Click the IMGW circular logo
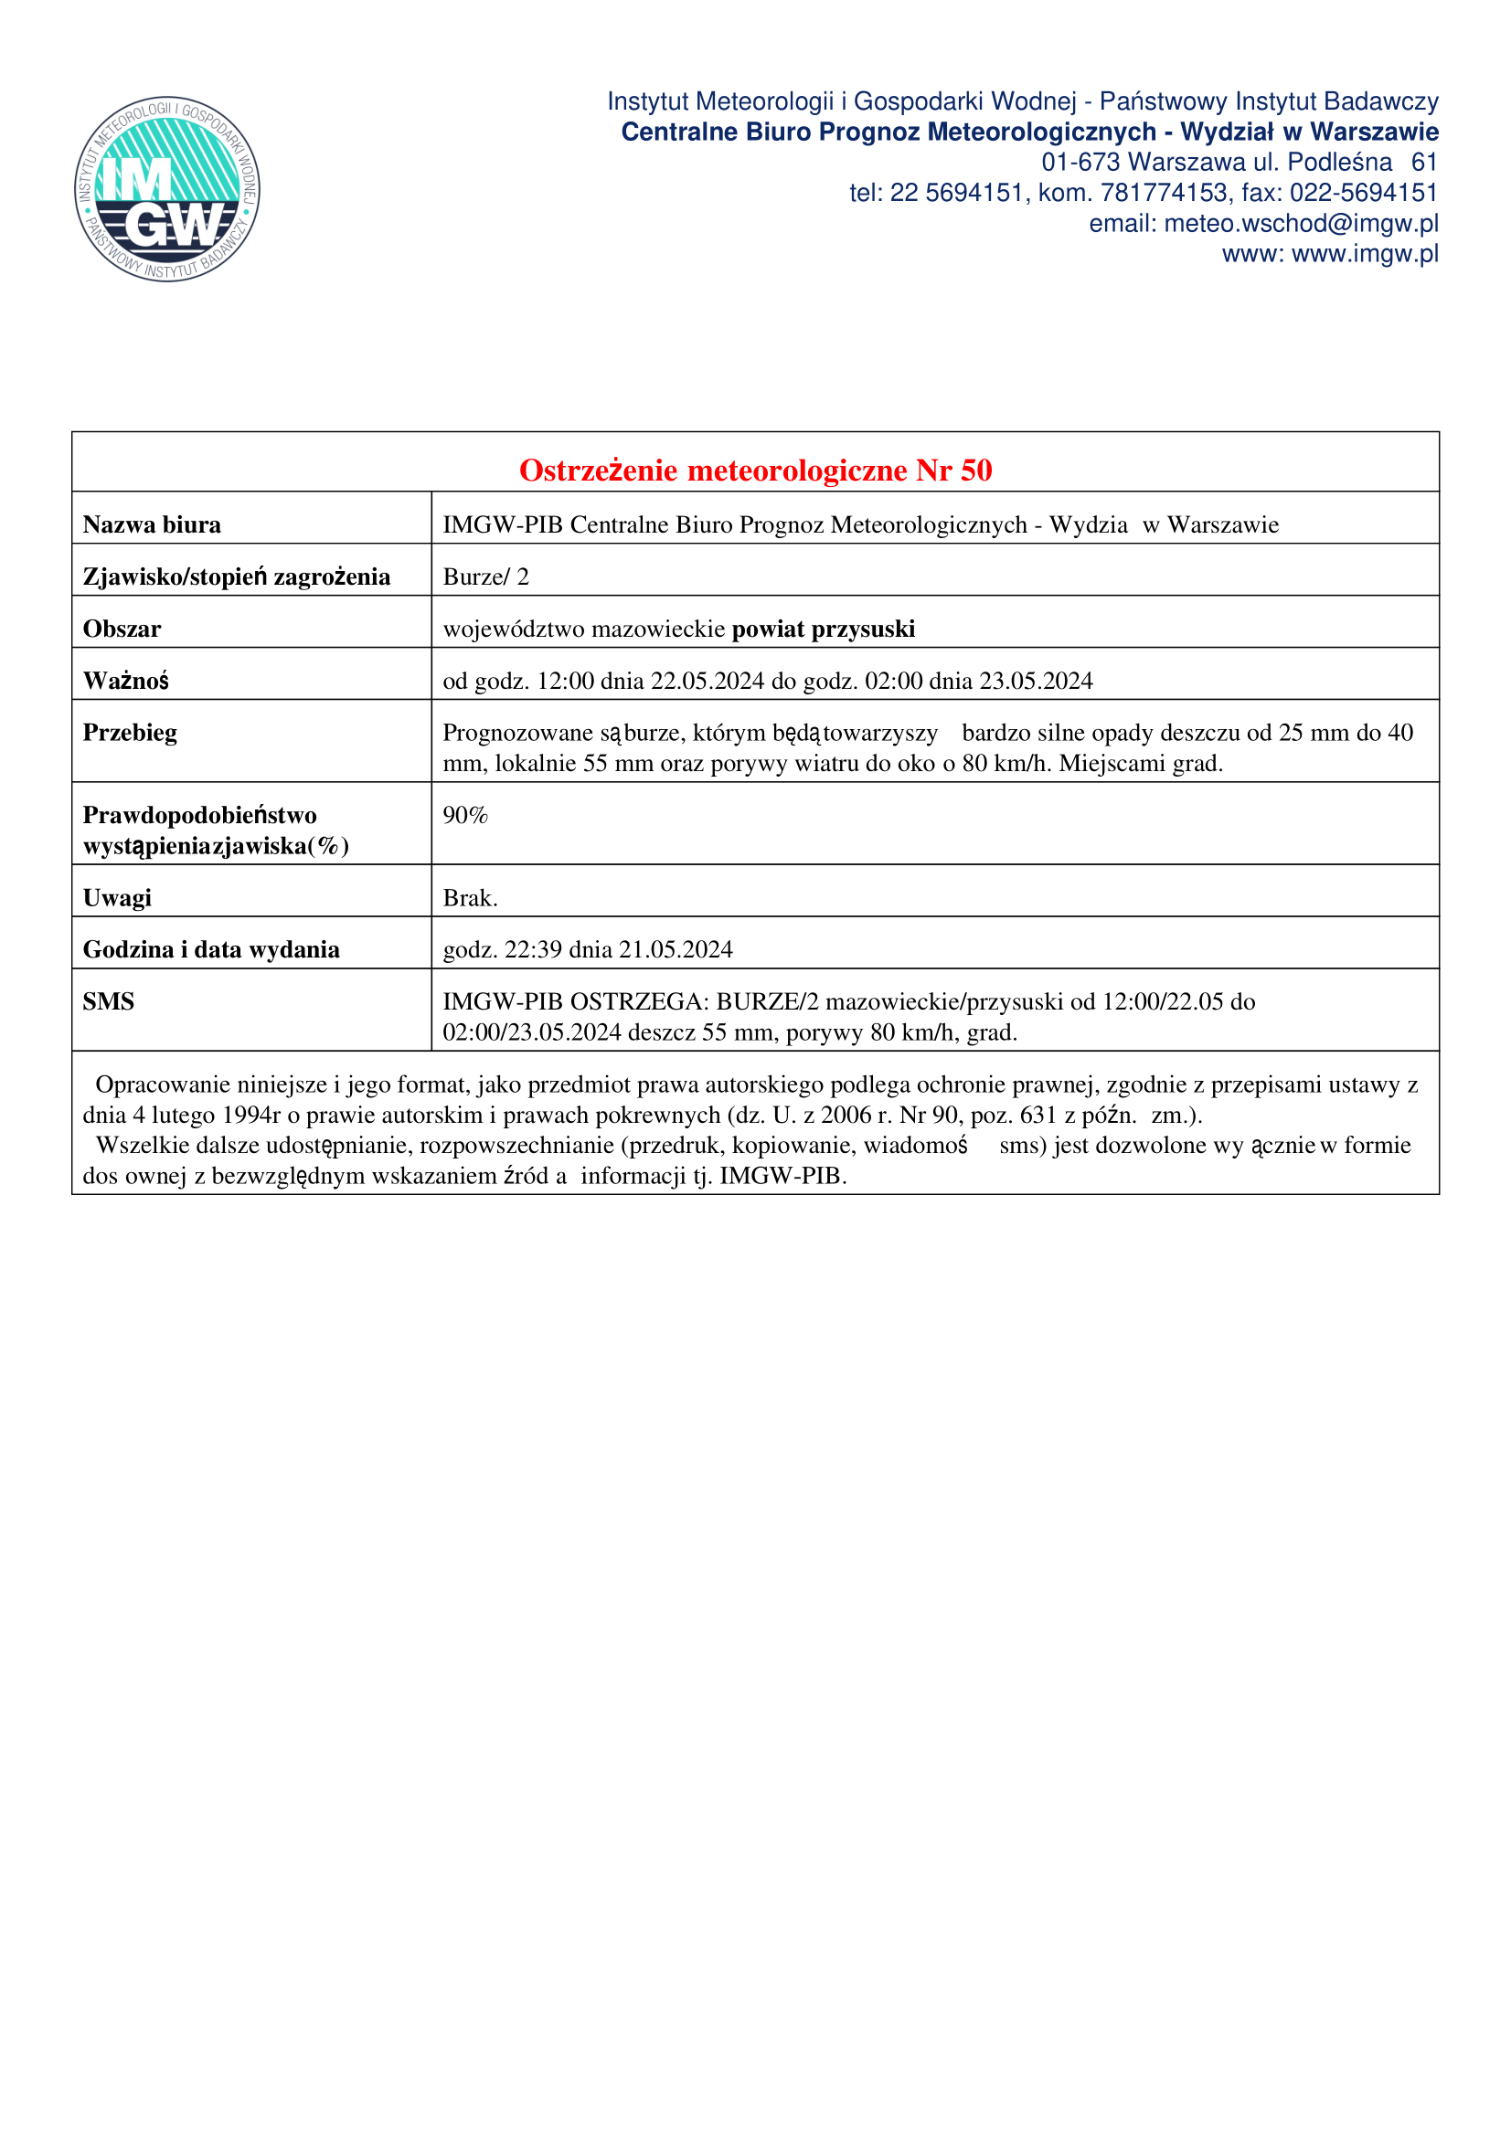[167, 189]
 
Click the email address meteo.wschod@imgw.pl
[1301, 223]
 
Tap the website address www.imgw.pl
[1365, 254]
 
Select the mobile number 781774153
[1164, 193]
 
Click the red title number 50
[975, 471]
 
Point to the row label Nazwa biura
[152, 525]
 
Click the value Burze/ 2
[485, 577]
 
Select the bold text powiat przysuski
[823, 629]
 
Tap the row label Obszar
[122, 629]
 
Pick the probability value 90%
[465, 815]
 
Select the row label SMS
[109, 1001]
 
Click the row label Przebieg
[130, 733]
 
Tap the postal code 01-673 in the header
[1080, 162]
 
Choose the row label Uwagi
[117, 898]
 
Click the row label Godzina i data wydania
[211, 949]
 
